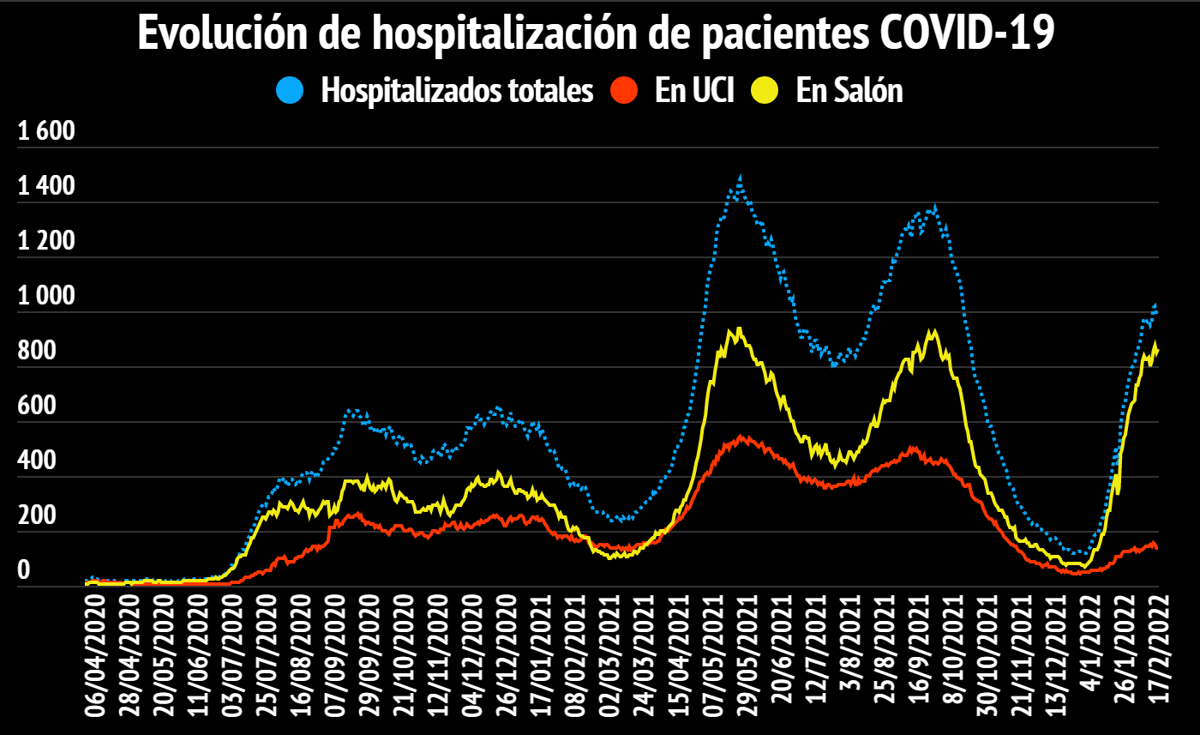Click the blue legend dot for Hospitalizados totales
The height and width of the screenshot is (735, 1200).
[x=290, y=90]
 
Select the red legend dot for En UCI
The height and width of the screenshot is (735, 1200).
[x=624, y=90]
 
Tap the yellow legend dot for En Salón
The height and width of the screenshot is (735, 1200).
[x=764, y=90]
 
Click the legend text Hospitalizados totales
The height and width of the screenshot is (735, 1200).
[x=457, y=90]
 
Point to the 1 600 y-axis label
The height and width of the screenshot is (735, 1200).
[x=47, y=133]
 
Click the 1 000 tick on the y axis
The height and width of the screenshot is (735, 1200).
[x=47, y=298]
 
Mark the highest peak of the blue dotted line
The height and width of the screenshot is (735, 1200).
[x=740, y=178]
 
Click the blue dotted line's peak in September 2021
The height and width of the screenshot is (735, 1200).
[x=934, y=207]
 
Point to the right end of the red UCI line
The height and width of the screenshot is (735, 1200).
[x=1156, y=547]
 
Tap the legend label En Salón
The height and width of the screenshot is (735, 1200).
[x=849, y=90]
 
